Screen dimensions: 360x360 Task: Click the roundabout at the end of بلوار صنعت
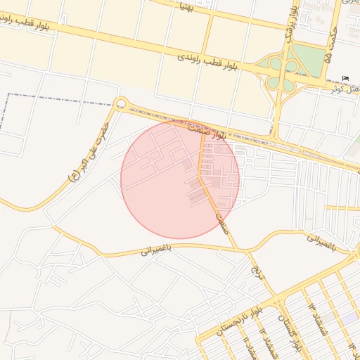(x=121, y=105)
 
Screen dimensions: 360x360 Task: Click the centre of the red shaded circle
(x=180, y=179)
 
